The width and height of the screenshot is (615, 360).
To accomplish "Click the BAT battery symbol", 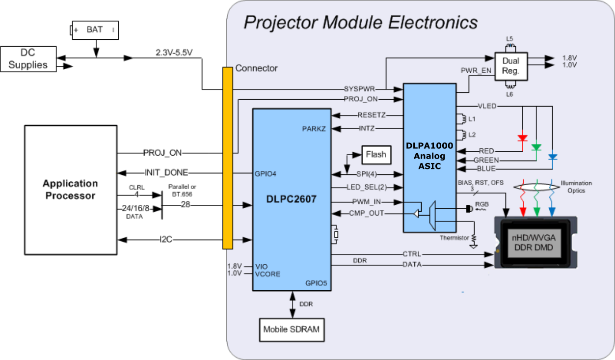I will tap(95, 30).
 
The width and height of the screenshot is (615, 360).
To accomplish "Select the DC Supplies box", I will tap(28, 58).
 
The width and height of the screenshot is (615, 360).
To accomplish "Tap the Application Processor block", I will tap(70, 190).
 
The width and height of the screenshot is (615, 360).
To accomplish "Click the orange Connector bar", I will tap(228, 158).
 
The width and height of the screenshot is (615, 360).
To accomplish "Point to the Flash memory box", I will tap(376, 154).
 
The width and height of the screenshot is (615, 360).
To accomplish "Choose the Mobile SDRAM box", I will tap(292, 329).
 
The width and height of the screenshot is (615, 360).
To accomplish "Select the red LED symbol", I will tap(522, 138).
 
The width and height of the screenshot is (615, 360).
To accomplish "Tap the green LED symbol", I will tap(537, 147).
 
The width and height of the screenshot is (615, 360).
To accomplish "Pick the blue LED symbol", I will tap(552, 157).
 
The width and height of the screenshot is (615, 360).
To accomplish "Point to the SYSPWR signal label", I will tap(360, 89).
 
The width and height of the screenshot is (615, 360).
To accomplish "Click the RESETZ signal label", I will tap(371, 115).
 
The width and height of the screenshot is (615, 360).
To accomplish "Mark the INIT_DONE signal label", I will tap(166, 172).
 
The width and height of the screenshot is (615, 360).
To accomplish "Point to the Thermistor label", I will tap(455, 238).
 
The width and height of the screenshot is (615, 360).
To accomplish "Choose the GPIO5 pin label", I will tap(317, 283).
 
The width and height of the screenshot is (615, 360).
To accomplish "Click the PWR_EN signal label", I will tap(476, 70).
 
